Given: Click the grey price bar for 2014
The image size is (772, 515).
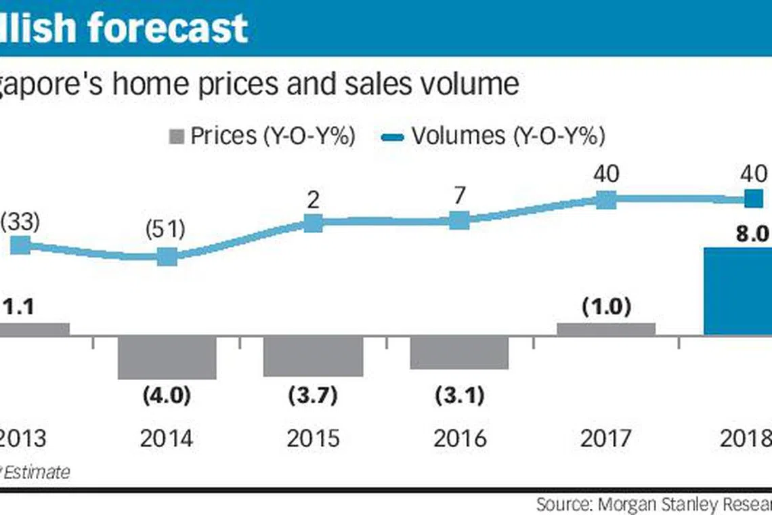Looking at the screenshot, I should [x=167, y=357].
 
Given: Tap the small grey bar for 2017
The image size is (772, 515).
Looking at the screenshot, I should [x=606, y=329].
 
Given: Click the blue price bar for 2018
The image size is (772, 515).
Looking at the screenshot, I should [x=737, y=291].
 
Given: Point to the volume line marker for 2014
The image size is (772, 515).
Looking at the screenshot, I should [x=167, y=257].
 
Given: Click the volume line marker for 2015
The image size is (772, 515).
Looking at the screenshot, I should [x=313, y=223].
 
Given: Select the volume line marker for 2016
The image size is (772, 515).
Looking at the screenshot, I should [x=459, y=220].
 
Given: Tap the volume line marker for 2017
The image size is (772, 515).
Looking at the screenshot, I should [x=606, y=199].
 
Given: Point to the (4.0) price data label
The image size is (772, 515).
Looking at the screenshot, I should [x=167, y=396].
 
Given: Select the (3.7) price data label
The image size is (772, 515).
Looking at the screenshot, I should [x=313, y=396].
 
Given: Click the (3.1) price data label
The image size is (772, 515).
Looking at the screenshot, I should [x=459, y=396].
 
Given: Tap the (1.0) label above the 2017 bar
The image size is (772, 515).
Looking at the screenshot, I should [x=606, y=307].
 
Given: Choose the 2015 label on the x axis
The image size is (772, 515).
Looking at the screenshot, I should [x=313, y=438].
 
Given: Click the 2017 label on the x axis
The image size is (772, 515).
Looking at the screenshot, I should [x=606, y=438].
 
